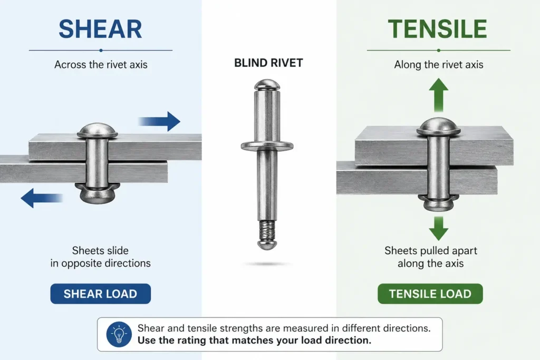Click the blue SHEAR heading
click(x=100, y=29)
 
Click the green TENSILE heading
click(x=437, y=29)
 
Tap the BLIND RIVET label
click(x=268, y=63)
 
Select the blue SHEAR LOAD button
click(x=101, y=294)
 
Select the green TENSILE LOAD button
click(x=430, y=294)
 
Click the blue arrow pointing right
click(x=159, y=121)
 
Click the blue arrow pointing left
click(x=42, y=198)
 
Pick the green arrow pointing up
click(x=438, y=95)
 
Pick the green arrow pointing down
click(x=438, y=229)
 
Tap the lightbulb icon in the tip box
click(x=119, y=334)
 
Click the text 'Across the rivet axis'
click(x=101, y=65)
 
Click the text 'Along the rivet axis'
click(x=439, y=65)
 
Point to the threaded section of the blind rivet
click(x=266, y=231)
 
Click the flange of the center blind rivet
click(x=267, y=146)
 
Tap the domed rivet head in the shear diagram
click(x=98, y=131)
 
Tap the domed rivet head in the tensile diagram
click(x=438, y=127)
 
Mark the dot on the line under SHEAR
click(x=101, y=50)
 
